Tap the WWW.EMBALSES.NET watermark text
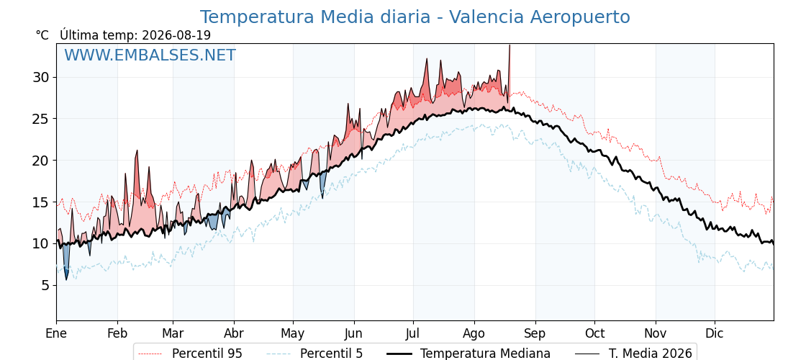[x=150, y=55]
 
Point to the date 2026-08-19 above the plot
[x=176, y=35]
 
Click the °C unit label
[x=42, y=35]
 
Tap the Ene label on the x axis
[x=57, y=334]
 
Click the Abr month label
[x=234, y=334]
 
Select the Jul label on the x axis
[x=413, y=334]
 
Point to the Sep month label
[x=535, y=334]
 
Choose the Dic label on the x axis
[x=715, y=334]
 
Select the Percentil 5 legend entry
[x=314, y=354]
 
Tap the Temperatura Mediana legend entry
[x=468, y=354]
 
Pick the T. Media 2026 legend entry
[x=634, y=354]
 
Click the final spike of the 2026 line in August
[x=509, y=46]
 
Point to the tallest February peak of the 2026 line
[x=137, y=151]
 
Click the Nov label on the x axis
[x=656, y=334]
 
